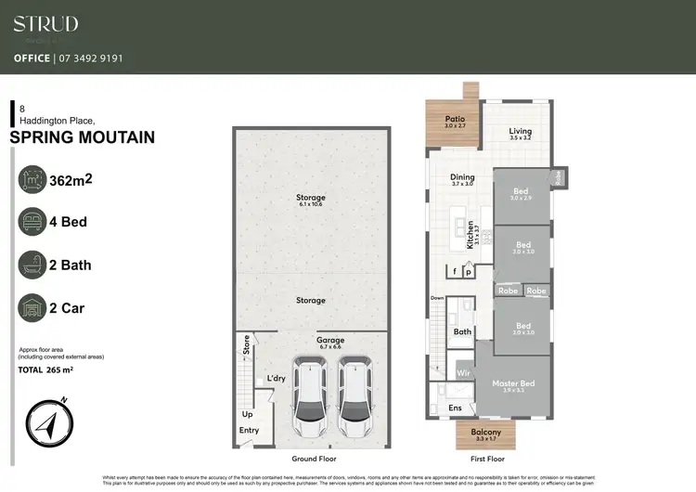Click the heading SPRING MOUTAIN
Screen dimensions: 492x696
click(x=82, y=138)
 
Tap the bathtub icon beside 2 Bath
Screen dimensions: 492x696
click(x=34, y=265)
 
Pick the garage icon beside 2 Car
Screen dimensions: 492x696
click(x=34, y=307)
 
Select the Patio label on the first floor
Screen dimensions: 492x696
click(x=454, y=119)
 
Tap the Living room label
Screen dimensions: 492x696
click(x=521, y=132)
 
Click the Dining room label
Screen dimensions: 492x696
click(x=462, y=177)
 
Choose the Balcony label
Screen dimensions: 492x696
click(x=486, y=433)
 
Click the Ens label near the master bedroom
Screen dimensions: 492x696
click(x=455, y=408)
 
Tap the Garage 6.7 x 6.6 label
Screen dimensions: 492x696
click(x=330, y=341)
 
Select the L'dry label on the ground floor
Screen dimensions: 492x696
click(x=276, y=378)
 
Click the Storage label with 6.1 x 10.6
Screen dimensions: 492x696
click(x=311, y=199)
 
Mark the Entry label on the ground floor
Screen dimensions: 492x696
click(x=249, y=431)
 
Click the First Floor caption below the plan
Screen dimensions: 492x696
click(x=486, y=460)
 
